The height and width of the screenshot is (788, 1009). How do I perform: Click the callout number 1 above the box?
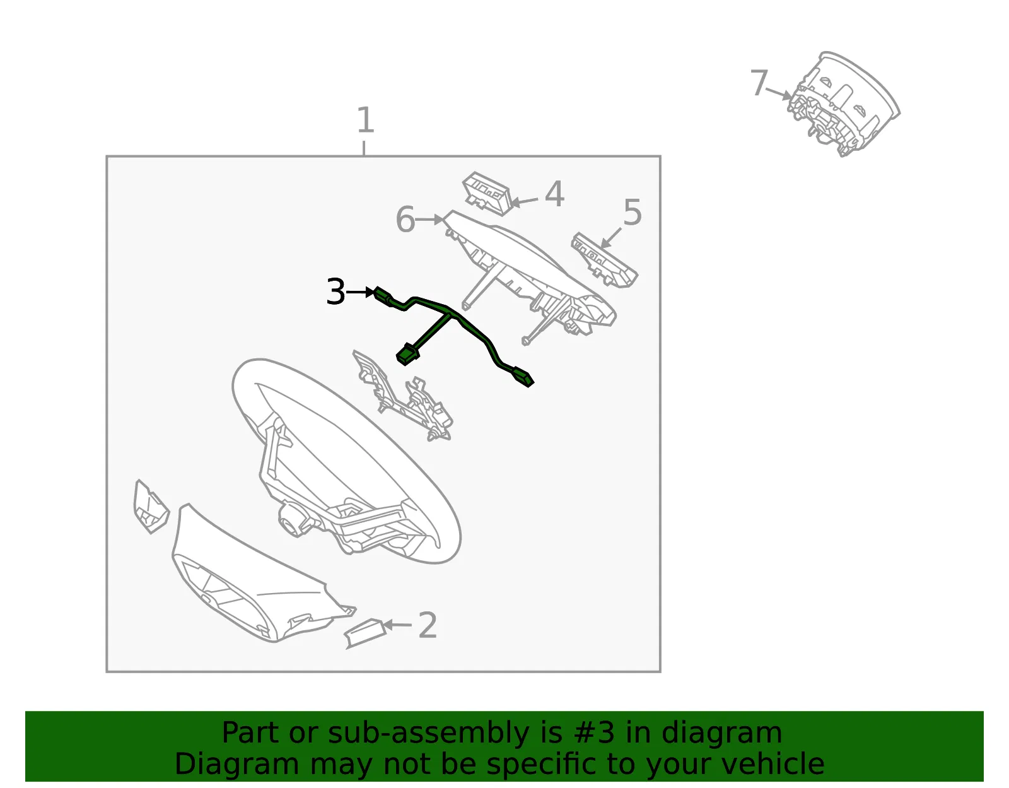pyautogui.click(x=365, y=120)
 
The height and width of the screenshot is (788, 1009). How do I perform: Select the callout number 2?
pyautogui.click(x=427, y=625)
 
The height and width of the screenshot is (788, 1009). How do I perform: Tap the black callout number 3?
pyautogui.click(x=335, y=291)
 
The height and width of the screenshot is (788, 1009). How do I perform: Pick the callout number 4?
pyautogui.click(x=554, y=194)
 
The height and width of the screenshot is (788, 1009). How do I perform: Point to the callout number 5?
pyautogui.click(x=633, y=212)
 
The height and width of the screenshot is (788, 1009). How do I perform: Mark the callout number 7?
pyautogui.click(x=759, y=83)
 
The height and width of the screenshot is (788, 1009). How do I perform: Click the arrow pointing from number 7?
pyautogui.click(x=779, y=93)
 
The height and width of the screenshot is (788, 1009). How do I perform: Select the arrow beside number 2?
pyautogui.click(x=397, y=625)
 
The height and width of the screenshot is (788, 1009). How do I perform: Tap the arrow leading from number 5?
pyautogui.click(x=610, y=238)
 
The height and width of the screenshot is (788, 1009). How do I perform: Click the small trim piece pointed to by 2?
pyautogui.click(x=365, y=633)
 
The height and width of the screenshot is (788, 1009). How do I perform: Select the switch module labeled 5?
pyautogui.click(x=605, y=260)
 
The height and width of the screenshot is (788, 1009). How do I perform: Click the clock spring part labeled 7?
pyautogui.click(x=843, y=103)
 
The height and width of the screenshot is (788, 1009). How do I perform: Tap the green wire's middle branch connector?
pyautogui.click(x=407, y=355)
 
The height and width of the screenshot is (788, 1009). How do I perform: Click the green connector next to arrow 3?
pyautogui.click(x=383, y=296)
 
